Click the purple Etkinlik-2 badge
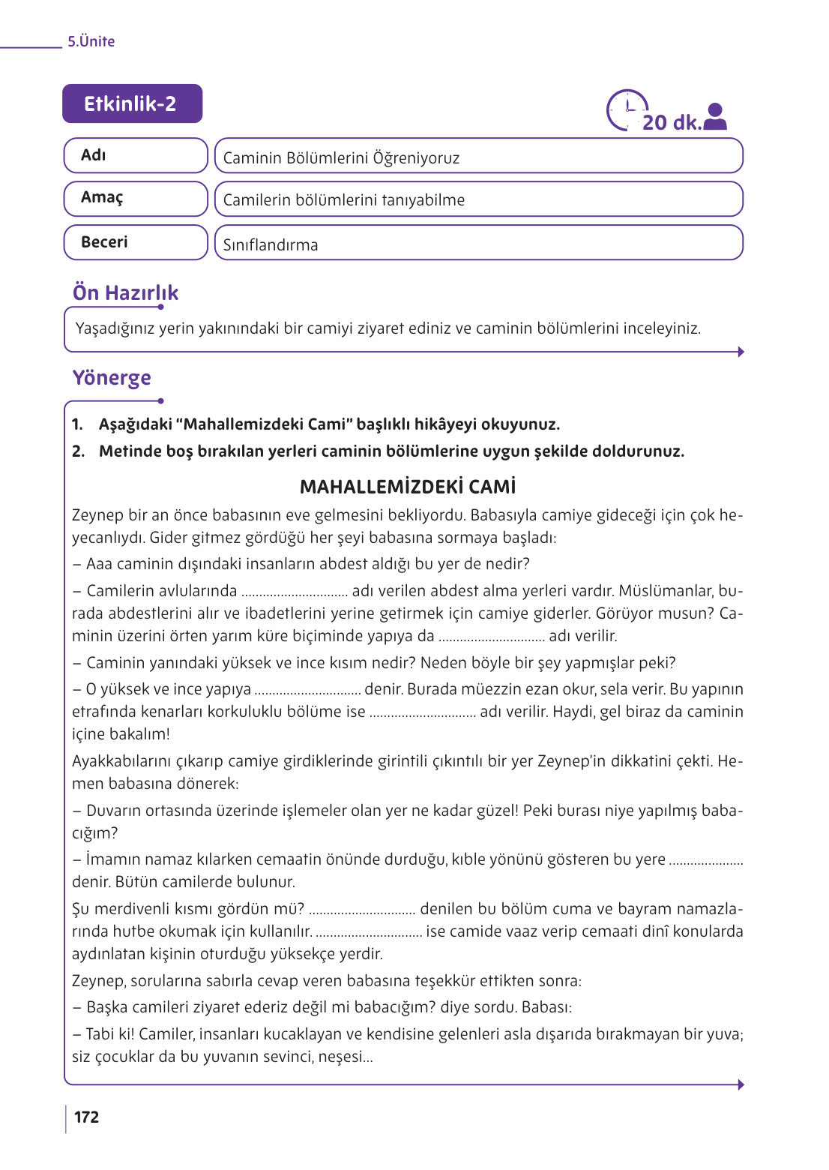(x=132, y=103)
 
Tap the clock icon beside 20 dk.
(x=626, y=110)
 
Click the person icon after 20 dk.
(x=716, y=117)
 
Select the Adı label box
(x=135, y=155)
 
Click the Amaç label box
(x=135, y=198)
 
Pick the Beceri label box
(x=135, y=242)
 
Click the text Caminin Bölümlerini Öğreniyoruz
(x=341, y=158)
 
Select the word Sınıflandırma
(x=271, y=245)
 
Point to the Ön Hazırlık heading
(x=125, y=293)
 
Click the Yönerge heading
(x=112, y=377)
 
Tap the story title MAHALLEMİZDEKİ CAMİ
(x=408, y=487)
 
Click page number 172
(x=86, y=1117)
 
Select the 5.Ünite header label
(x=91, y=42)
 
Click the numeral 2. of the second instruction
(x=78, y=451)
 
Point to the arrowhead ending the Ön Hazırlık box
(x=741, y=352)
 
